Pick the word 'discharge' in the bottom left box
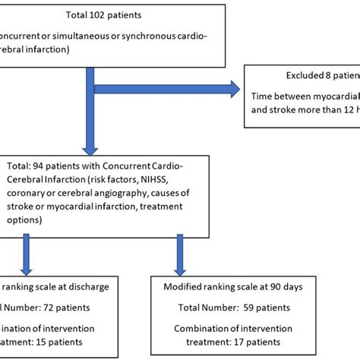point(87,286)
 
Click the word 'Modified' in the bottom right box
point(185,286)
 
